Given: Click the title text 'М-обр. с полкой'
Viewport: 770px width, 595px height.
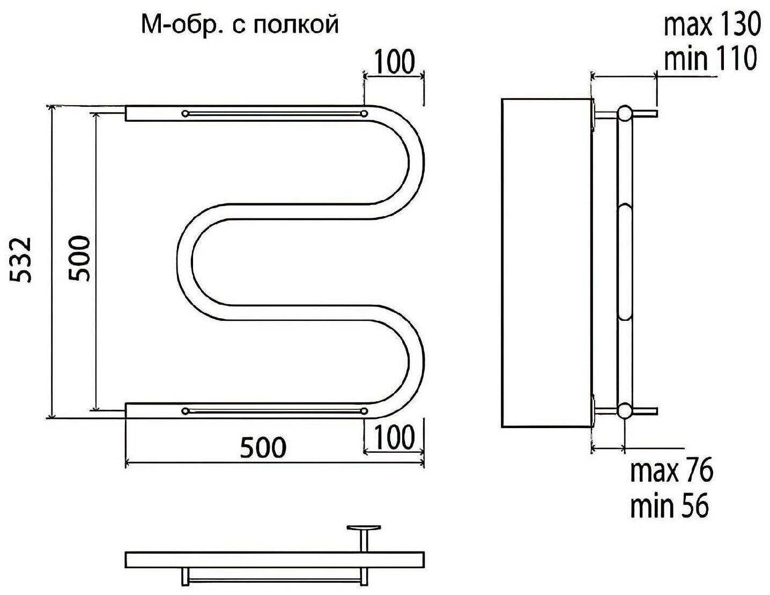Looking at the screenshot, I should coord(240,24).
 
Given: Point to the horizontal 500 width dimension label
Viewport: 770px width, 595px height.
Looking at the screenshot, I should coord(263,447).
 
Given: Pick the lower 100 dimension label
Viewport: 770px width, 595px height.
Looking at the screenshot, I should coord(394,437).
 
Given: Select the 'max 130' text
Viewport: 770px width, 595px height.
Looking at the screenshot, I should coord(712,25).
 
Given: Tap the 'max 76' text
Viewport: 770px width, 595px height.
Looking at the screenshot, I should coord(671,472).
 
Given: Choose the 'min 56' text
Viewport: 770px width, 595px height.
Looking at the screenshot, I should coord(669,505).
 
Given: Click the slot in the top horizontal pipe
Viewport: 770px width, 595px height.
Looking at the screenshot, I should coord(275,113).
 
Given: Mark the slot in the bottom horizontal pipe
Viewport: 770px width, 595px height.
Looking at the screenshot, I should coord(275,411).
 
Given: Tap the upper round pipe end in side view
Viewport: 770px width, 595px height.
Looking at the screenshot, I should coord(624,114).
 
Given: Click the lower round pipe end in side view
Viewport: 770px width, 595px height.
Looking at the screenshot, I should coord(624,411).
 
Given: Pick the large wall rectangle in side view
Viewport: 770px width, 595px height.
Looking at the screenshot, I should coord(546,263).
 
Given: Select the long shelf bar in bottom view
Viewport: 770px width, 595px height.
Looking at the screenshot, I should coord(275,559).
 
